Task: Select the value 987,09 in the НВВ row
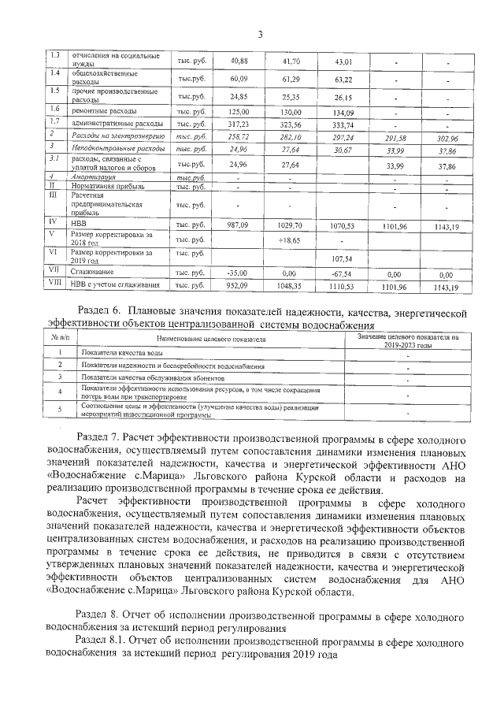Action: click(238, 225)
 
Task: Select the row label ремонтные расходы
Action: click(106, 112)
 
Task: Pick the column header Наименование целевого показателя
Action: click(211, 339)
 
